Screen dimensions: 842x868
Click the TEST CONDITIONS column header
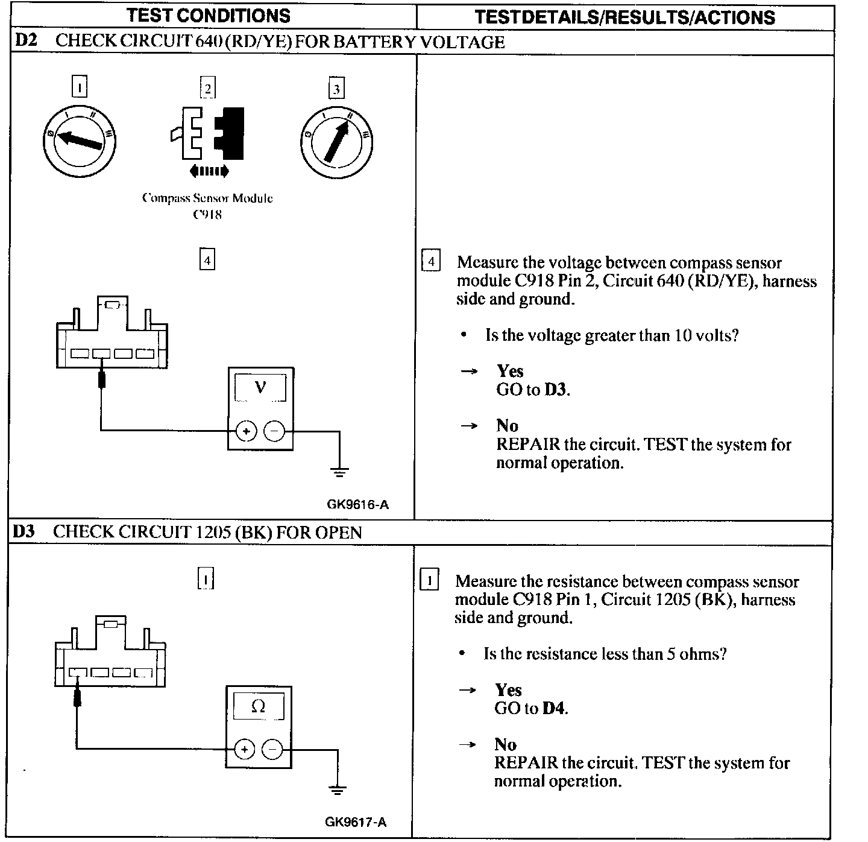click(x=208, y=16)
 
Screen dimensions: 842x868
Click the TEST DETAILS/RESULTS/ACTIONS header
click(x=624, y=17)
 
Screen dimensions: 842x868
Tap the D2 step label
click(x=25, y=41)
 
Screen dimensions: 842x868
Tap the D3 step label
click(x=24, y=531)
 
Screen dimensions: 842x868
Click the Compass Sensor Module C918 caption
click(x=207, y=206)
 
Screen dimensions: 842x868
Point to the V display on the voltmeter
click(x=260, y=387)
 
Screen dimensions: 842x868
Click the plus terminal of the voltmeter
click(x=246, y=431)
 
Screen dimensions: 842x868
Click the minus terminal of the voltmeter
click(x=274, y=431)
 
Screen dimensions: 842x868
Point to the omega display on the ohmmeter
click(x=258, y=706)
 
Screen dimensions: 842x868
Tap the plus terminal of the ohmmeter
click(x=244, y=749)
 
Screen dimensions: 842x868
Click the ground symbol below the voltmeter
click(x=339, y=471)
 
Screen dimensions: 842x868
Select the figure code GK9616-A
click(x=357, y=504)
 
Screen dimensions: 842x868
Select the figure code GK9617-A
click(x=356, y=821)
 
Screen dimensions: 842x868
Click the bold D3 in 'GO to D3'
click(x=556, y=390)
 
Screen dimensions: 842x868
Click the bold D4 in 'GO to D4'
click(x=554, y=708)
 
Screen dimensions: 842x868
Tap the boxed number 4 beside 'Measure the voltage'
click(x=430, y=262)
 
